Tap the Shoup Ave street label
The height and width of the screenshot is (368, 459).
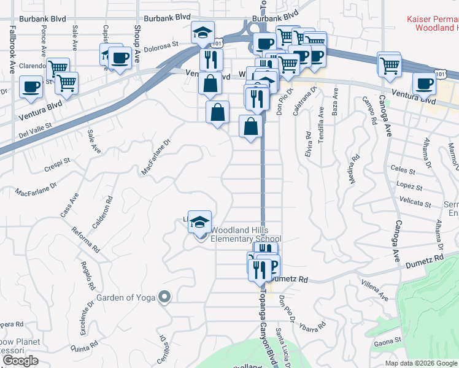[137, 32]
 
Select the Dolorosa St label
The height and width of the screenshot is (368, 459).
[161, 44]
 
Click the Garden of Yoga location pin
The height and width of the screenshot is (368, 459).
[164, 297]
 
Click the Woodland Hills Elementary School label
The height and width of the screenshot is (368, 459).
[245, 235]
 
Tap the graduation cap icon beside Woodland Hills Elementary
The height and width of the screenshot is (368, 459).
[199, 222]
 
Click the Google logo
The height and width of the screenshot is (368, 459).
[20, 361]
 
